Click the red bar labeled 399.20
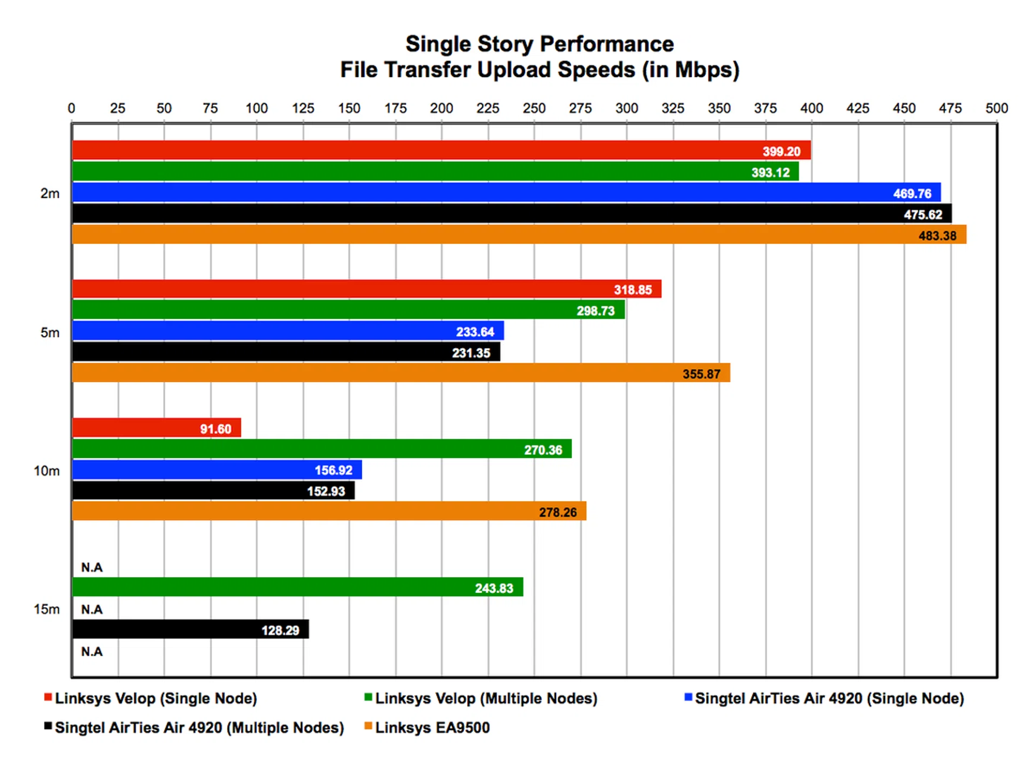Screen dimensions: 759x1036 [x=432, y=150]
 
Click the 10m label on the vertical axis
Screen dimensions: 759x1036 [x=47, y=471]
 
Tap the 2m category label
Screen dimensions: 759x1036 [x=50, y=194]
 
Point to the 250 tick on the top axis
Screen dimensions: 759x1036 [x=534, y=109]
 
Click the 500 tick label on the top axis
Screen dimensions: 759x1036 [x=996, y=109]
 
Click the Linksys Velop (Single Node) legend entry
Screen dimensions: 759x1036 [x=156, y=699]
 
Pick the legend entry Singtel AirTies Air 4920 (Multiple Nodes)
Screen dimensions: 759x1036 [x=199, y=728]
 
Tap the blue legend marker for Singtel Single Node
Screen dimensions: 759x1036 [x=688, y=697]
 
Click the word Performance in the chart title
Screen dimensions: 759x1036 [x=608, y=44]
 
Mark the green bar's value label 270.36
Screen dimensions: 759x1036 [x=543, y=450]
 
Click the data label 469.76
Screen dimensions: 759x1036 [x=912, y=194]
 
